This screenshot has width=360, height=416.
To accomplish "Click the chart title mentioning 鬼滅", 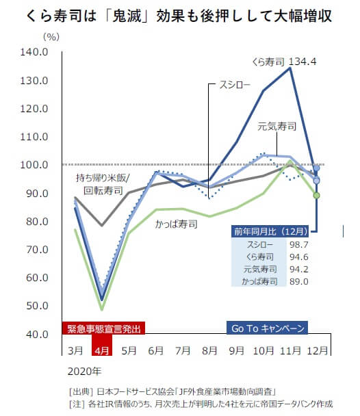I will [x=179, y=15].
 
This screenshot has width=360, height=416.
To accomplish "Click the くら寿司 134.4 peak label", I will [x=287, y=60].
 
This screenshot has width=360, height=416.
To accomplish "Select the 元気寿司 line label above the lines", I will [x=277, y=126].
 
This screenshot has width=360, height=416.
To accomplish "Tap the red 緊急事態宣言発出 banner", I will [x=103, y=328].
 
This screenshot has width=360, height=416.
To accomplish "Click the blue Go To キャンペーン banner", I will [x=264, y=328].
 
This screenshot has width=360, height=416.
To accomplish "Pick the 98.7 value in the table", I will [x=300, y=244].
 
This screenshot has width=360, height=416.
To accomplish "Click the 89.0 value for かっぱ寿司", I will [x=300, y=281].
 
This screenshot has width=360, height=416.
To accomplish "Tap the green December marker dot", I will [x=316, y=195].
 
